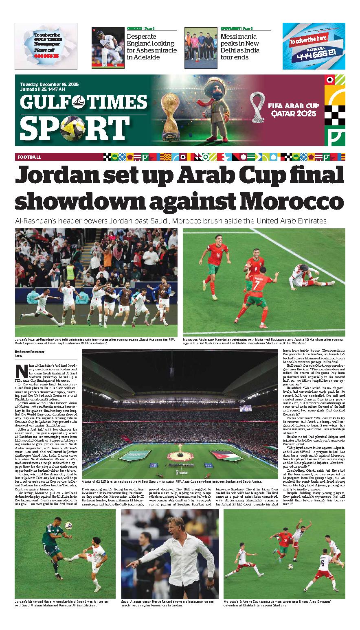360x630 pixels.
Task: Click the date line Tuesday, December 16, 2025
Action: pyautogui.click(x=49, y=84)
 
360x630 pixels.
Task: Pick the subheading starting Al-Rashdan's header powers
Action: pyautogui.click(x=171, y=221)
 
